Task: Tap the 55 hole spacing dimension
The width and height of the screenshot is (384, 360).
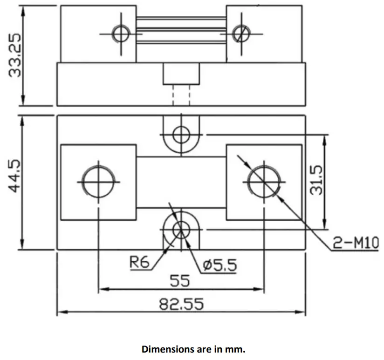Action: [179, 281]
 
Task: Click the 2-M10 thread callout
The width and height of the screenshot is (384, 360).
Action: [356, 242]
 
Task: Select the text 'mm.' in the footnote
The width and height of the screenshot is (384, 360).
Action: [234, 348]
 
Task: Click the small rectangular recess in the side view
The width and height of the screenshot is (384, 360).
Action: [181, 74]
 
